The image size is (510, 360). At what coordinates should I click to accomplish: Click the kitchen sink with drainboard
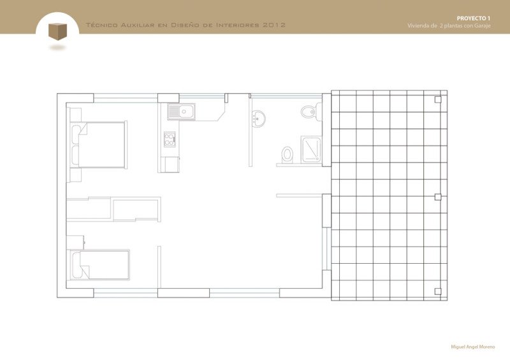coord(183,112)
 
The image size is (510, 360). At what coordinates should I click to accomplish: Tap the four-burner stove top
coord(170,140)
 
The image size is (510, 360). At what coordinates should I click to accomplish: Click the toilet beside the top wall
coord(309,112)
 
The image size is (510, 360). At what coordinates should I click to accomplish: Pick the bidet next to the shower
coord(288,154)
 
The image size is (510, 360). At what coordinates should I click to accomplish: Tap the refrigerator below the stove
coord(170,164)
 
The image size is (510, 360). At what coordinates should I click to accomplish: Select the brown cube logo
coord(57,31)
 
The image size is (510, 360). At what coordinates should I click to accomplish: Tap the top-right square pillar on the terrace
coord(437,99)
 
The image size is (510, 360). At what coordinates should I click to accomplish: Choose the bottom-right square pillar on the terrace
coord(437,292)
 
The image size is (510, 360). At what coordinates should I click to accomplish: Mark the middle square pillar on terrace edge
coord(437,197)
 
